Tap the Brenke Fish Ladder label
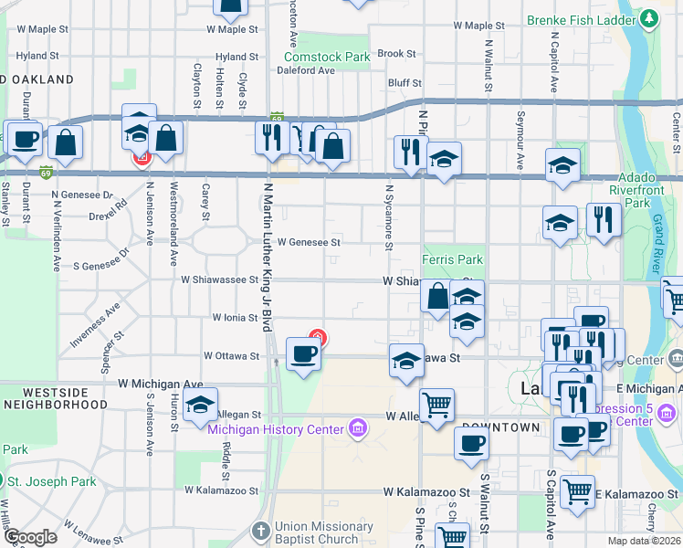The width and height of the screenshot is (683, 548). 582,18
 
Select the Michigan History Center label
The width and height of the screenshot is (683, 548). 276,428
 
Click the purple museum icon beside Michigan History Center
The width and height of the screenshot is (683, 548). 357,427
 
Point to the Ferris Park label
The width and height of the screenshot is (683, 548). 452,260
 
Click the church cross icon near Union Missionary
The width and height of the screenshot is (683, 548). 260,531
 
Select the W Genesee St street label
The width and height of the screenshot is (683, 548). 309,243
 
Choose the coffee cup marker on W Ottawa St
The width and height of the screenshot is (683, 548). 303,353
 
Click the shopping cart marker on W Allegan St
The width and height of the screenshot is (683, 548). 437,405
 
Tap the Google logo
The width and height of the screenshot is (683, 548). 31,537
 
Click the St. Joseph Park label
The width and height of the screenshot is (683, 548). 52,481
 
